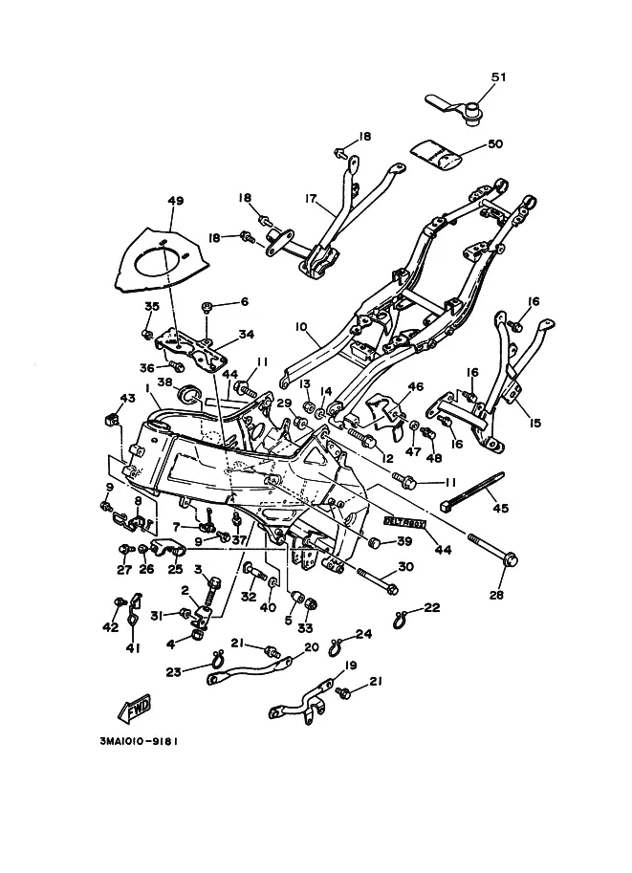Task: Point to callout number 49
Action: [175, 201]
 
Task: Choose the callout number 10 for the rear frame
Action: [300, 327]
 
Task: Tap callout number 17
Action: [310, 199]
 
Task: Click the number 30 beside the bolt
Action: [404, 566]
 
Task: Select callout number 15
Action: [533, 422]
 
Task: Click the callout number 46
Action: [415, 386]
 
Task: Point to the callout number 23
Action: [172, 671]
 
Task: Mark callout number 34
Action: [248, 335]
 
